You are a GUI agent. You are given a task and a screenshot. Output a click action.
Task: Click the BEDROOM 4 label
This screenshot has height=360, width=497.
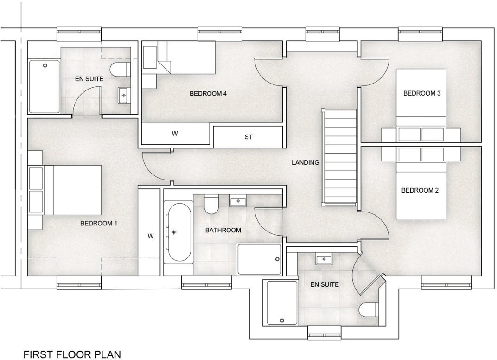[x=208, y=94]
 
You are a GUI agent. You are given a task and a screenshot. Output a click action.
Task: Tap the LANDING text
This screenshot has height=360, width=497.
[x=305, y=162]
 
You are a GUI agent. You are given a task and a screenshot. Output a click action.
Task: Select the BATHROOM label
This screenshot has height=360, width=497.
[x=223, y=230]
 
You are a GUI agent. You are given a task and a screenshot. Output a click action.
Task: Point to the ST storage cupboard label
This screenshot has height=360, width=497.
[x=248, y=137]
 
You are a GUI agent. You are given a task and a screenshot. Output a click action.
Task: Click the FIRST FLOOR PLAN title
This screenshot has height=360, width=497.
[x=72, y=355]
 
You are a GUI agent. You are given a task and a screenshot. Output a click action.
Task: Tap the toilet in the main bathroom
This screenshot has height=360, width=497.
[x=211, y=204]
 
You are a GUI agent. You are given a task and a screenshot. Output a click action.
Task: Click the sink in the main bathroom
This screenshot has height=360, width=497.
[x=238, y=201]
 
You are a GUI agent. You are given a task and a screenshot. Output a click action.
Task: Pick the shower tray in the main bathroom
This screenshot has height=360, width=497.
[x=259, y=259]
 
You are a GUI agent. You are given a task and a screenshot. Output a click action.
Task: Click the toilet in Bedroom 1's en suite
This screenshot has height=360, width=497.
[x=119, y=70]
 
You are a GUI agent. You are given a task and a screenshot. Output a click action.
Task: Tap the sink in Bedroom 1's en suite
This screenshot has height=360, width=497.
[x=124, y=95]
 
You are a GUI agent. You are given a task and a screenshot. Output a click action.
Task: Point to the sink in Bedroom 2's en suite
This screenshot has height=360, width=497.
[x=323, y=259]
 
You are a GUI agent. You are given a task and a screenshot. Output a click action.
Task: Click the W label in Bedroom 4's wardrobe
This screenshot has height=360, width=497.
[x=175, y=134]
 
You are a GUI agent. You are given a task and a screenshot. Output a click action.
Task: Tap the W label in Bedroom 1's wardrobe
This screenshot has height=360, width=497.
[x=151, y=236]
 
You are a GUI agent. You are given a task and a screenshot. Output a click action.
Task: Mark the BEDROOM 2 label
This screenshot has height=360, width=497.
[x=420, y=190]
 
